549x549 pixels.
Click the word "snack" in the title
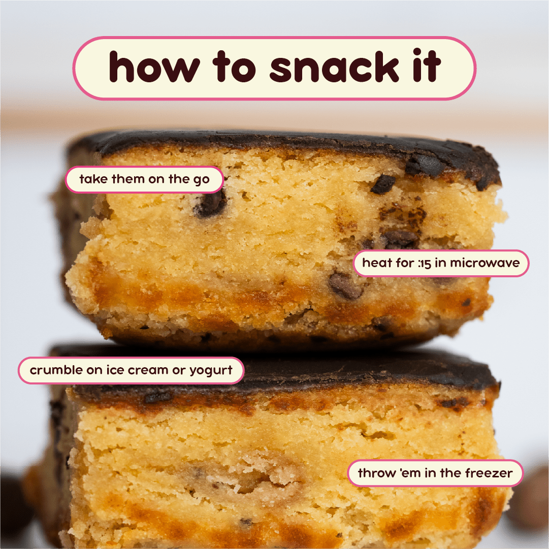pos(331,68)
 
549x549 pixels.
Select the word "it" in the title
pos(425,67)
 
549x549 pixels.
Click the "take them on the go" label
pos(144,179)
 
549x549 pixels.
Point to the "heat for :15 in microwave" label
pos(441,263)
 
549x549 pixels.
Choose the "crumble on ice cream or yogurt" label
pos(131,370)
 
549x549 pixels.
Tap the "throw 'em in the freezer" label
pos(435,473)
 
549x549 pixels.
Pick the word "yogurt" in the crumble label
pos(211,371)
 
